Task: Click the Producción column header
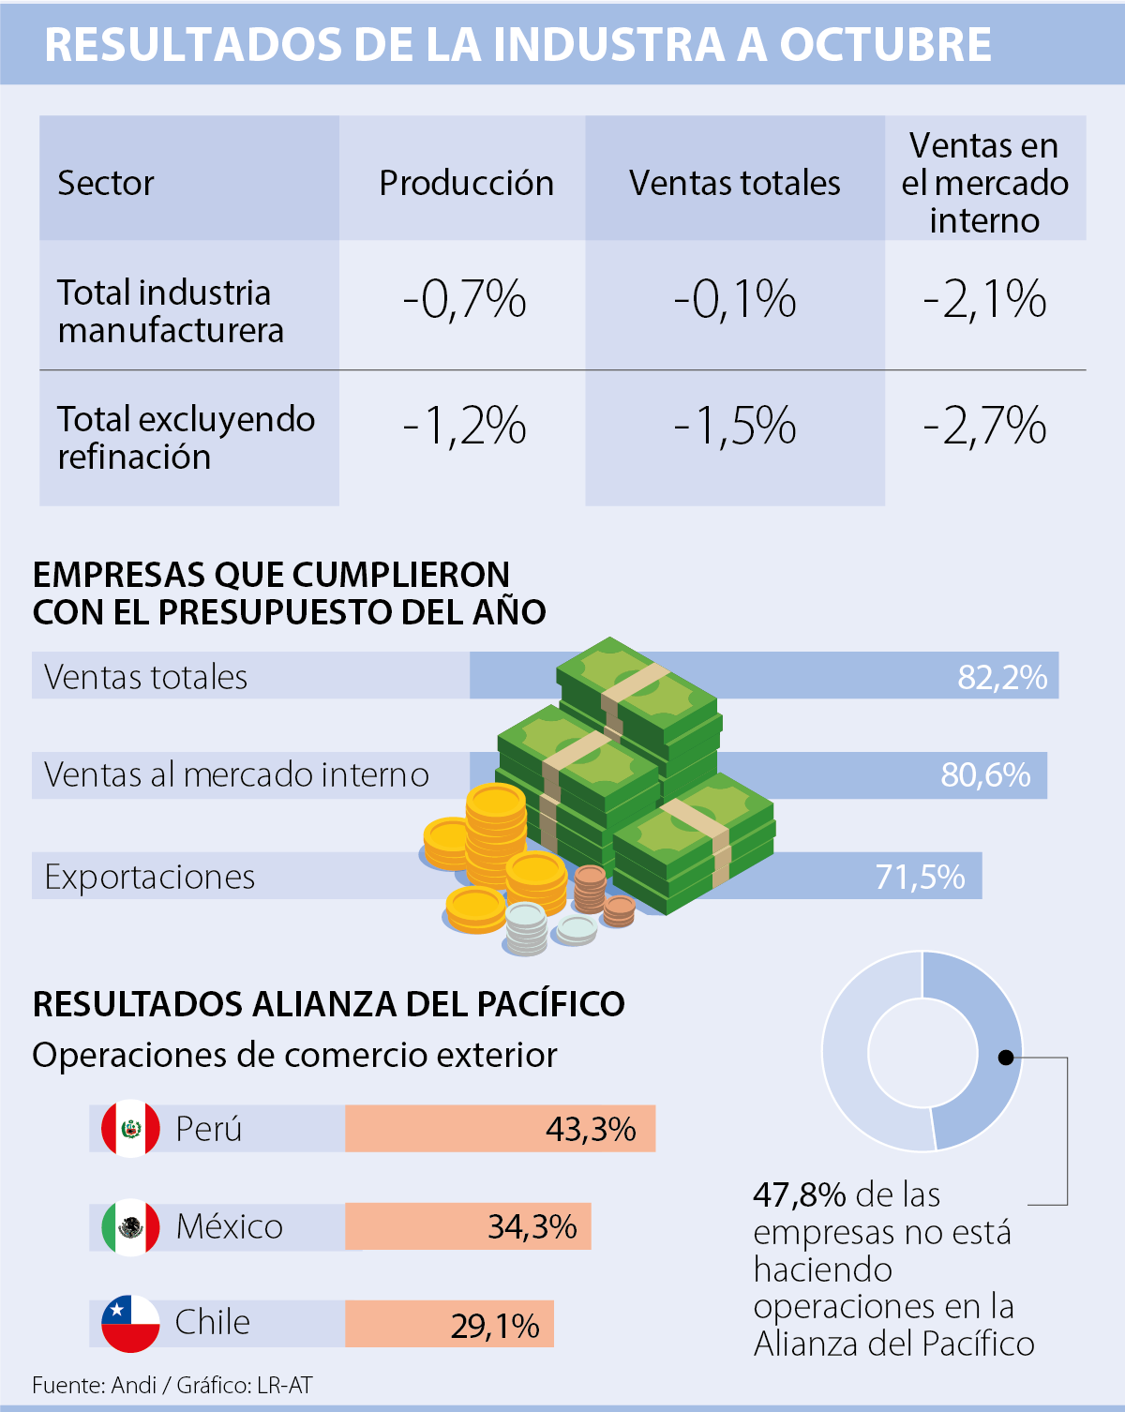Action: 466,183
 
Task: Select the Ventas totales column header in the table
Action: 734,183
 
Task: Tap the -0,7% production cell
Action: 464,300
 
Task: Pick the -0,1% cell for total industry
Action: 734,300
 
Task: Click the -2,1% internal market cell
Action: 984,300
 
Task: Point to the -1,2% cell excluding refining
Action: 464,427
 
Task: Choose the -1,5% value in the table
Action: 734,427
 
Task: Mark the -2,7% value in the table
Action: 984,427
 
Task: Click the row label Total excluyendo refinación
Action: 186,438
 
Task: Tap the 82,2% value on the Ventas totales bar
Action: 1002,677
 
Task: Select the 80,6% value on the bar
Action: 985,775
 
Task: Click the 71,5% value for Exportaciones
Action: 920,877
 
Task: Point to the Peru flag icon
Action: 130,1128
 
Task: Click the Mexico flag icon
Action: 130,1226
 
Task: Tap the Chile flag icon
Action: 130,1323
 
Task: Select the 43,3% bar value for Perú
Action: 591,1129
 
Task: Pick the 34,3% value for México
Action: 532,1226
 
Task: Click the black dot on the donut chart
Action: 1006,1058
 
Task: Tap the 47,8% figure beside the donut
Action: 799,1195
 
